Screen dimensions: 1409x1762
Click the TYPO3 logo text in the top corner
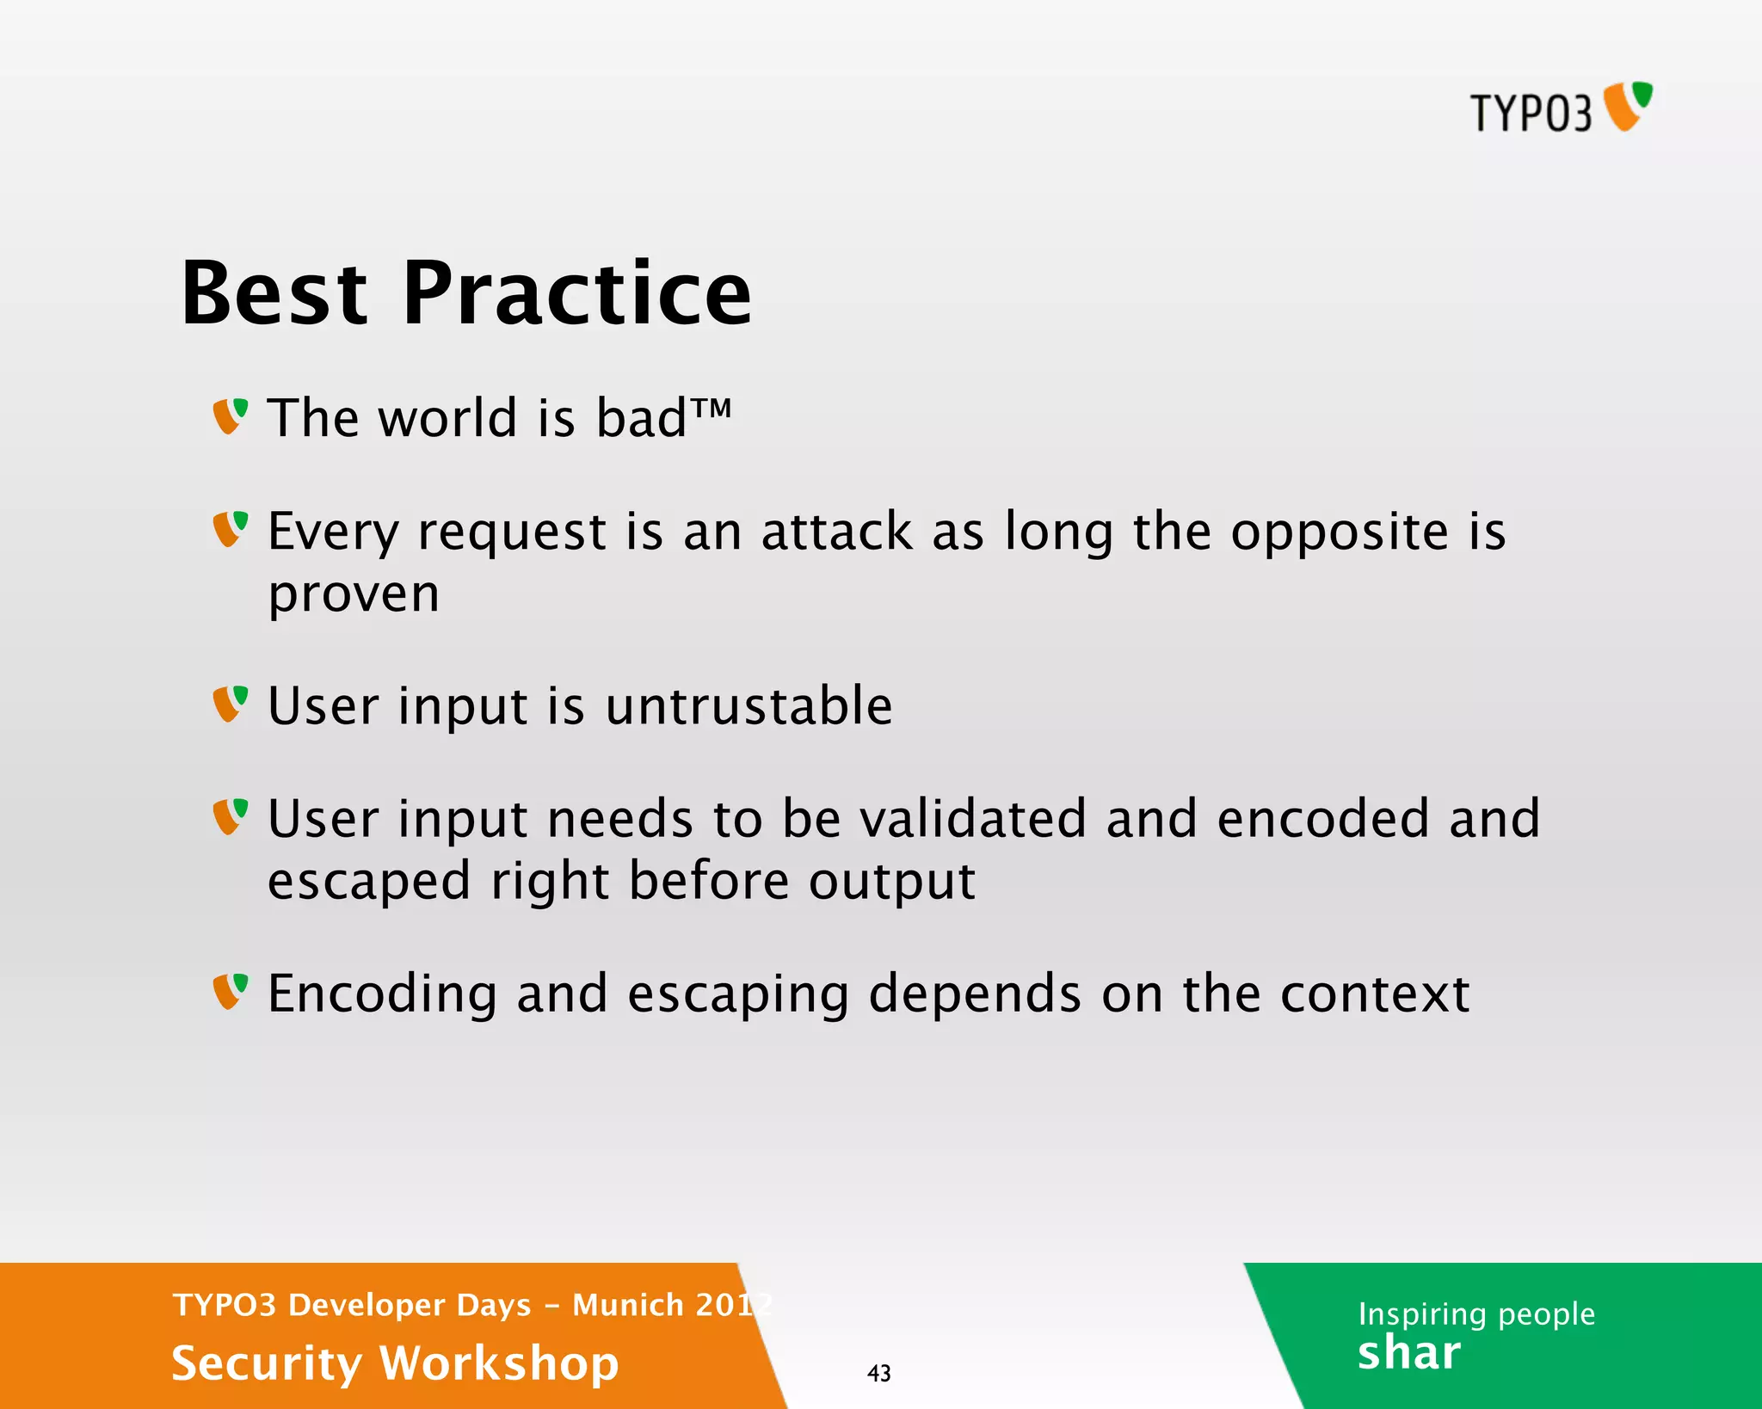pos(1531,114)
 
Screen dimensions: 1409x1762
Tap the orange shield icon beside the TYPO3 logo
pos(1628,107)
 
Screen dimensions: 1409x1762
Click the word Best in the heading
pos(274,294)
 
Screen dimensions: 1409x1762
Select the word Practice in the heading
pos(576,294)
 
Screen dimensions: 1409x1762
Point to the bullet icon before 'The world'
pos(231,416)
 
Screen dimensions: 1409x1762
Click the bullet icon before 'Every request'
pos(231,529)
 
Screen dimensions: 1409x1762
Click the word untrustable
pos(749,706)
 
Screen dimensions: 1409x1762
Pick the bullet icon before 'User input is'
pos(231,704)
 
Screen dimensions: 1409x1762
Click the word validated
pos(973,818)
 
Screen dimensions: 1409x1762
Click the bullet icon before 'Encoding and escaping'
pos(231,992)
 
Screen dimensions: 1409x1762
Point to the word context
pos(1374,994)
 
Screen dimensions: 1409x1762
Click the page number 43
pos(878,1373)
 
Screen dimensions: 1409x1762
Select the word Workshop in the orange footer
pos(499,1363)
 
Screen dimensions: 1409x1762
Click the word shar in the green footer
pos(1408,1353)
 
